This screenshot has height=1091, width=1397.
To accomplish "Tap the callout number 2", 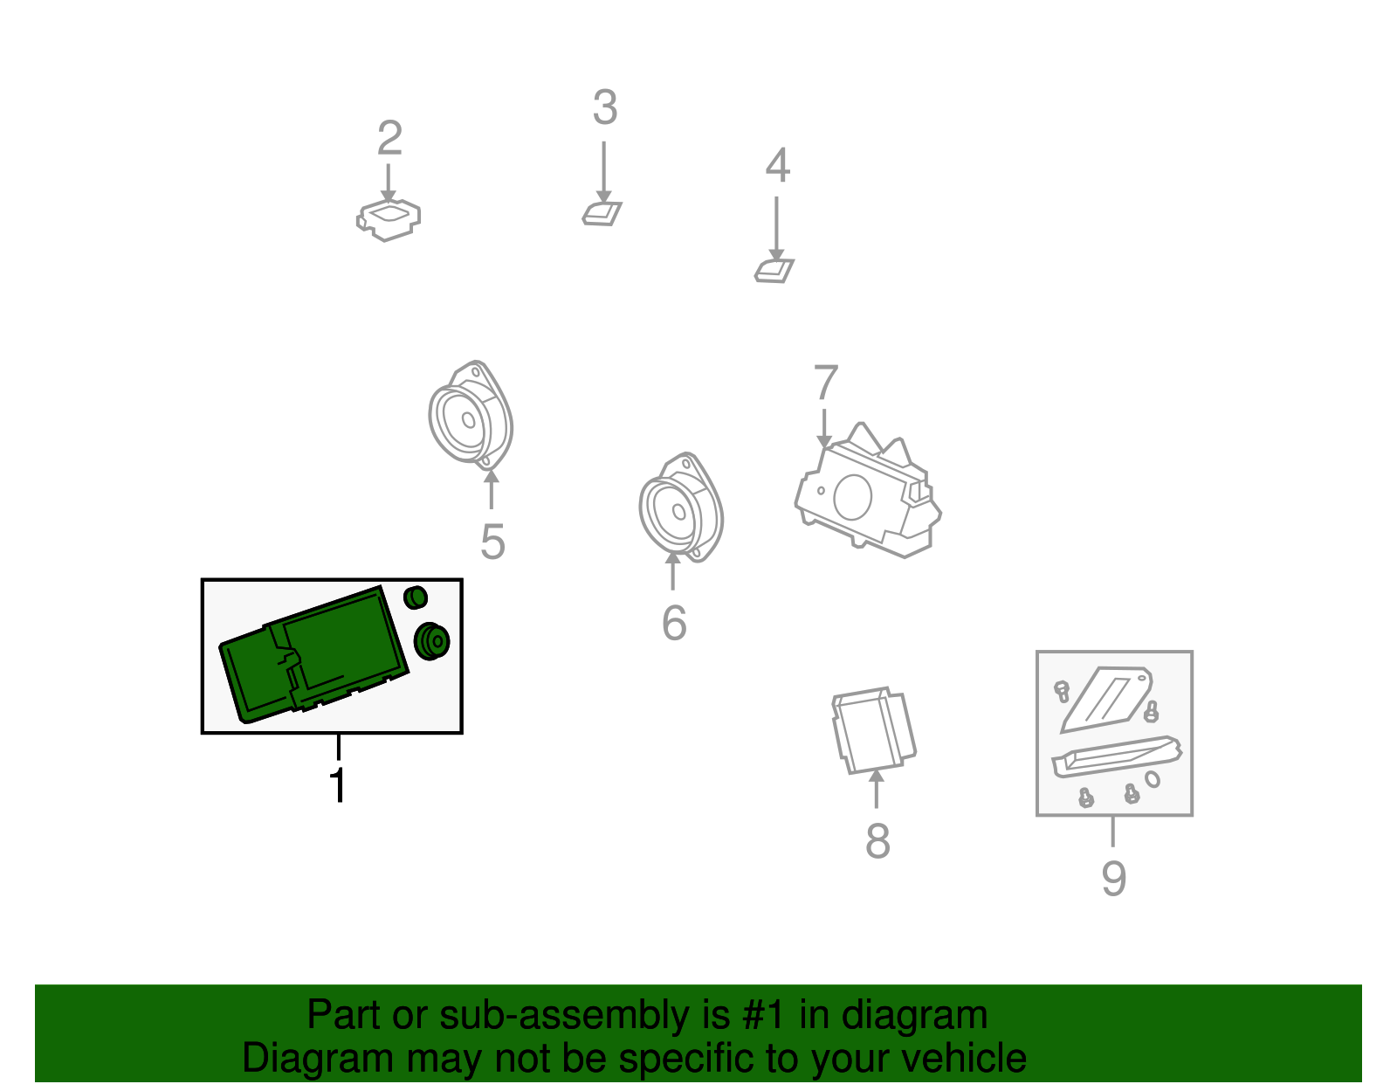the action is (389, 138).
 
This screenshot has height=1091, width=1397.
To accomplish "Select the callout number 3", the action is (605, 107).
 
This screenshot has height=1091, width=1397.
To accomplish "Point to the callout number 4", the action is (777, 165).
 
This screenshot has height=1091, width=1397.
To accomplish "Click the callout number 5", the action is (492, 542).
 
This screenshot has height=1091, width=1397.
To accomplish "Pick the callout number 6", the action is (674, 622).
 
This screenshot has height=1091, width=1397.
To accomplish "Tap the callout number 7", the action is (826, 382).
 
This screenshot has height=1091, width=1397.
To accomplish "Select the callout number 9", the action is (1114, 878).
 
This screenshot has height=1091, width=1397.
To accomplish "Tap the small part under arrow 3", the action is (602, 213).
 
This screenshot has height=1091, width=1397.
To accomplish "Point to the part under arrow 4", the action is (774, 271).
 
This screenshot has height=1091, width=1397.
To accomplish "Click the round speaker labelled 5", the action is (471, 415).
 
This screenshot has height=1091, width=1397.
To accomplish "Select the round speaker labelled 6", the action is (681, 508).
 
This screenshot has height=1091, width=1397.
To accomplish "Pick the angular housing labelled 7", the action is (868, 492).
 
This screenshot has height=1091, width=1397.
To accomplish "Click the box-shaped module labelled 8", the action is (874, 731).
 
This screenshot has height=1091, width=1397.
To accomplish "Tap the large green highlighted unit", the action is (313, 655).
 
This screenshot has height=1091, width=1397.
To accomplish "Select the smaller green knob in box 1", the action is (416, 597).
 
